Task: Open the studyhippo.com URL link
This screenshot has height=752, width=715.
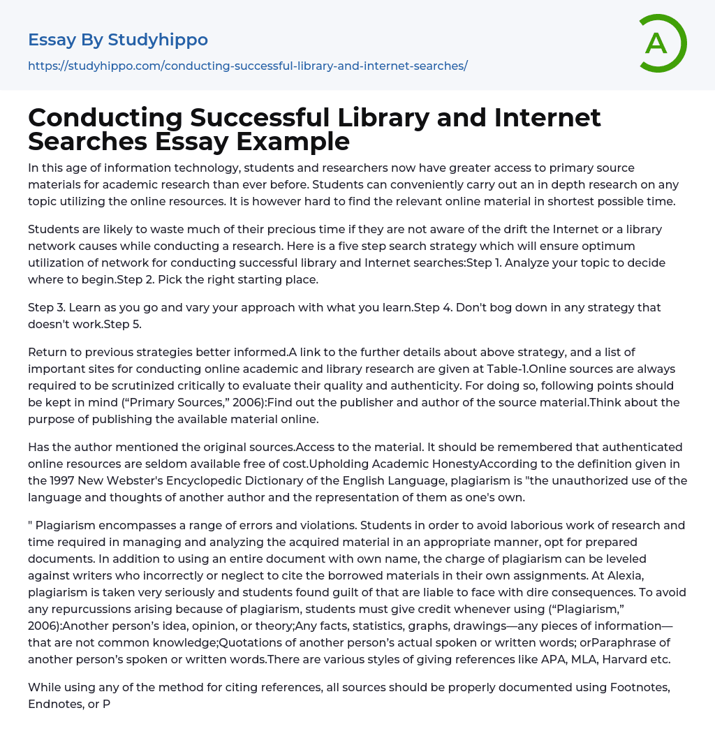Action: [x=247, y=66]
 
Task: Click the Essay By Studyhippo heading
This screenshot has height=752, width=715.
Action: [x=118, y=40]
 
